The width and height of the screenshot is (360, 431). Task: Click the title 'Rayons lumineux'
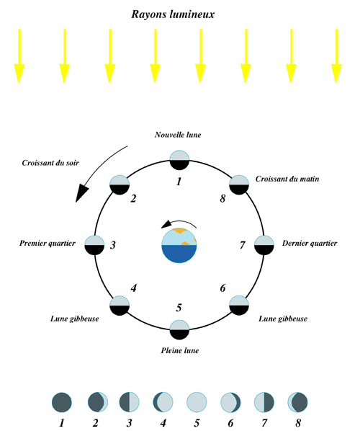(173, 14)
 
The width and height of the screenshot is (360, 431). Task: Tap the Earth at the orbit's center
(179, 246)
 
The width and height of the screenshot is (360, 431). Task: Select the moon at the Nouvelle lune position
(179, 160)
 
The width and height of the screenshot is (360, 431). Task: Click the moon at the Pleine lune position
(179, 329)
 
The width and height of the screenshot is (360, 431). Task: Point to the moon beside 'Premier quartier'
(94, 245)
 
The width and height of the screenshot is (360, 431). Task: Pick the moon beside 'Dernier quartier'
(264, 245)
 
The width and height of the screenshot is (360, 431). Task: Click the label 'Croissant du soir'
(50, 163)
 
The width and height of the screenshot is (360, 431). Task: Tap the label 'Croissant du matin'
(287, 179)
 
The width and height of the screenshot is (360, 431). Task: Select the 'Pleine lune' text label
(180, 350)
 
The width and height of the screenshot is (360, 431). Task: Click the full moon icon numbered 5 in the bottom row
(197, 402)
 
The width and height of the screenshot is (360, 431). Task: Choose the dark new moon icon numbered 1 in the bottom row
(62, 402)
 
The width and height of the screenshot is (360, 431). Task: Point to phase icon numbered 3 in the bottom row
(130, 402)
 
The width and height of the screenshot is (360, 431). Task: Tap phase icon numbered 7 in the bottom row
(264, 402)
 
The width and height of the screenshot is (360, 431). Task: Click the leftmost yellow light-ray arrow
(19, 55)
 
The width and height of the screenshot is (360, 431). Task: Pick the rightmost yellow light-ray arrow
(336, 55)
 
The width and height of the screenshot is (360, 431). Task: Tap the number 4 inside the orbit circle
(133, 288)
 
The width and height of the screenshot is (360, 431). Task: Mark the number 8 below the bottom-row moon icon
(298, 423)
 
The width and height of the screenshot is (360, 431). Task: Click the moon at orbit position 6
(239, 306)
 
